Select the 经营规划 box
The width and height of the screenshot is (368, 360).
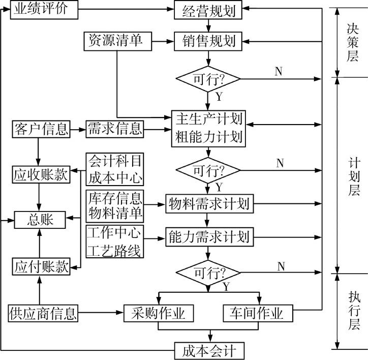tap(208, 11)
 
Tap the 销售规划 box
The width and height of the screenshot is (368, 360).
tap(208, 41)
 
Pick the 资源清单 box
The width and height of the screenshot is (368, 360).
tap(118, 41)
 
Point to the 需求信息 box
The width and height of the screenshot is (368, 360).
tap(114, 129)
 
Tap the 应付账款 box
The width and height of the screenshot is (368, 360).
tap(40, 266)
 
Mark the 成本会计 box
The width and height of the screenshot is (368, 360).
tap(208, 351)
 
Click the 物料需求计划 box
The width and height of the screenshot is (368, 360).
tap(208, 204)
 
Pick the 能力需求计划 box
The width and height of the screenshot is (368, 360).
tap(208, 236)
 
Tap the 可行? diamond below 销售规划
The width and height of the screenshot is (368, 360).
tap(208, 79)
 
